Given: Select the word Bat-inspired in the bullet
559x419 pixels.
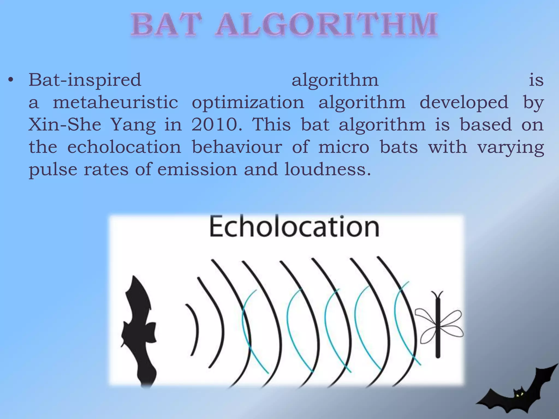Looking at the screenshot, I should [85, 80].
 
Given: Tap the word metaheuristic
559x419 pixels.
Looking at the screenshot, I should [115, 102].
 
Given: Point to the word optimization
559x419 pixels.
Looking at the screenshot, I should [248, 102].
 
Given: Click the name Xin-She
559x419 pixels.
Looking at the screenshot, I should [65, 125].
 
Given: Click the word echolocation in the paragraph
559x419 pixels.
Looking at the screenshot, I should [124, 147].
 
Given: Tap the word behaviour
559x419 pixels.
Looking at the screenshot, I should [237, 147].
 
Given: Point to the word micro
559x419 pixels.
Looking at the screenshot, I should [344, 147].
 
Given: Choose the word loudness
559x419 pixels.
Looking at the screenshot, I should [328, 169].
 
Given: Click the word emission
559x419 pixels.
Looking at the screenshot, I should [197, 169].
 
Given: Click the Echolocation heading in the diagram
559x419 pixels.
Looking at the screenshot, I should [294, 226].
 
